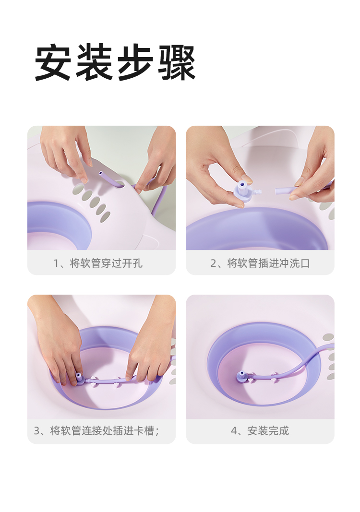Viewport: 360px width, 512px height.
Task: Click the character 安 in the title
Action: pos(53,62)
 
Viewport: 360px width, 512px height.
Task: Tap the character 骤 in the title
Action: pos(177,62)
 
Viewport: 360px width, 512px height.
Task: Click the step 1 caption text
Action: pos(98,263)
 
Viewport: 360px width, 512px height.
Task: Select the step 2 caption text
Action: pos(260,263)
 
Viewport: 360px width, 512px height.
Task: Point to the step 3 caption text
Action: pos(96,431)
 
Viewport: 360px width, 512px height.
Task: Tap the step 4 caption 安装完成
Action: pos(260,431)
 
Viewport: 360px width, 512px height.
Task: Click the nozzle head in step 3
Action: pos(79,378)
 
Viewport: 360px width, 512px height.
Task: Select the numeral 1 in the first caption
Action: pos(56,263)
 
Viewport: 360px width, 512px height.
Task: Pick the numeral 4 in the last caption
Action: pos(234,431)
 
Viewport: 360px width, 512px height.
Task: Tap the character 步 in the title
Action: pos(135,62)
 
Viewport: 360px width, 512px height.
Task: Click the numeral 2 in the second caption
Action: pos(213,263)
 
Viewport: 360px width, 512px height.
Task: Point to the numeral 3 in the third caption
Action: pos(37,431)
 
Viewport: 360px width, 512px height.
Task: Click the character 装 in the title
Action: pos(94,62)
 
